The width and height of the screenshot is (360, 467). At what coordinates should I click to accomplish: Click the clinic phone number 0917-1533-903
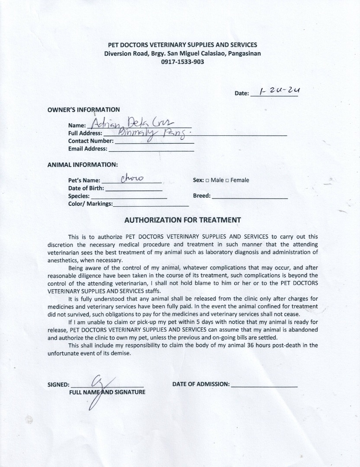[182, 62]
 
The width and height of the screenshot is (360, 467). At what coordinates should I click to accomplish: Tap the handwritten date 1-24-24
[280, 91]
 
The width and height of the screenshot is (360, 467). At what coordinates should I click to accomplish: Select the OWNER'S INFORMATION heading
[84, 109]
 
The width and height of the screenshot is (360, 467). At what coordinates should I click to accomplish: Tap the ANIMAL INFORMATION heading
[82, 165]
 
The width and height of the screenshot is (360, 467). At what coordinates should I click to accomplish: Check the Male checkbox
[208, 180]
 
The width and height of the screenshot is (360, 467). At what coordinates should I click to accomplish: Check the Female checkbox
[228, 180]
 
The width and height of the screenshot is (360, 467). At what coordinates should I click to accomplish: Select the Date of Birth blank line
[134, 189]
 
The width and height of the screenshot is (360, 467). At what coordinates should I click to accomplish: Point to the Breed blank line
[250, 197]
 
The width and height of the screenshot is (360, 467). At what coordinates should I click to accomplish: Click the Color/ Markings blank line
[151, 205]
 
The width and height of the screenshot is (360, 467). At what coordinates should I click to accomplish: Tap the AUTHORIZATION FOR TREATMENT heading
[182, 220]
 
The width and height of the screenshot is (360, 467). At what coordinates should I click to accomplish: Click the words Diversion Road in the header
[122, 54]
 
